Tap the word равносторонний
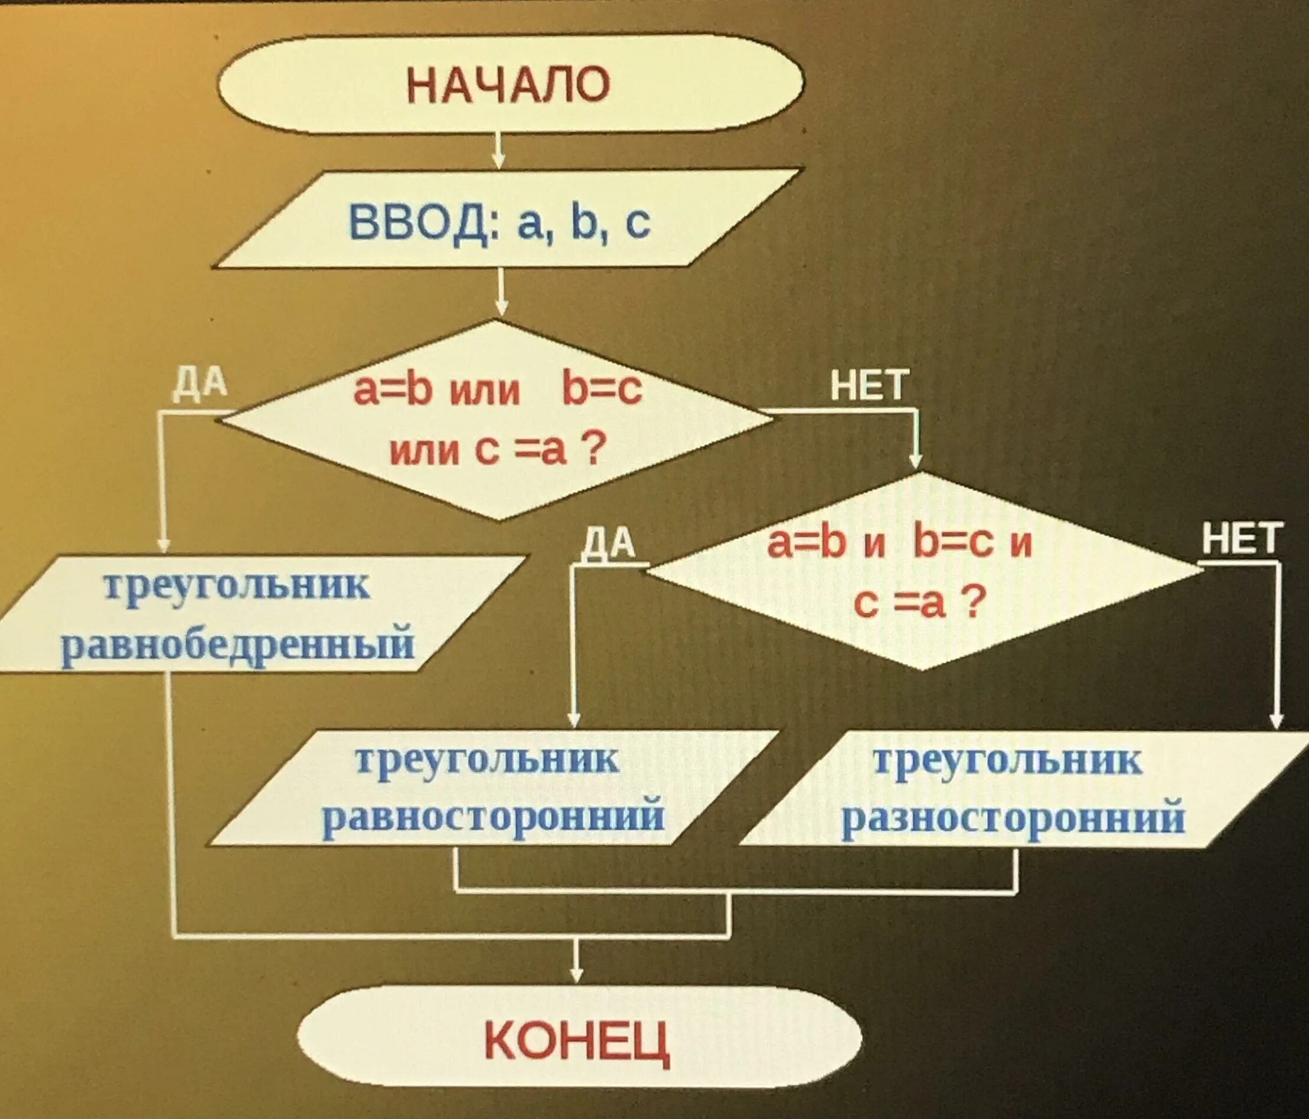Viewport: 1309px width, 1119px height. point(494,816)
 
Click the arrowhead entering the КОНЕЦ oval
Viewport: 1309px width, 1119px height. point(576,973)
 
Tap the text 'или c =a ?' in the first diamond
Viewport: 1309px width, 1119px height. point(494,451)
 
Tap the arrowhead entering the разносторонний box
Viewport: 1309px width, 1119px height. point(1277,719)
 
